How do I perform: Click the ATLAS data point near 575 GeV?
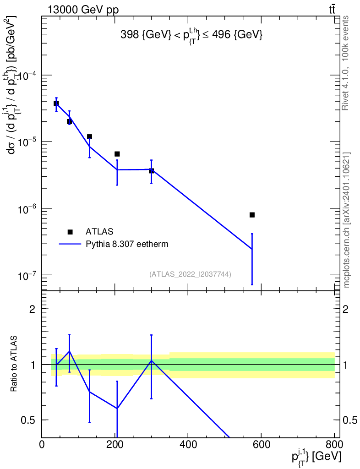point(252,215)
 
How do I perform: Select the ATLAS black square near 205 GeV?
point(117,154)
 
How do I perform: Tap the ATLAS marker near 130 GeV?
point(90,137)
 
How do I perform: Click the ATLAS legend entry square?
point(70,232)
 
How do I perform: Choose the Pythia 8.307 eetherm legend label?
point(127,244)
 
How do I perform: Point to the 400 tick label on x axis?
point(188,445)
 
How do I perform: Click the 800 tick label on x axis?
point(333,445)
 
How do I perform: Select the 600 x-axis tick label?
point(261,445)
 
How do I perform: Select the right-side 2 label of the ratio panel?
point(347,309)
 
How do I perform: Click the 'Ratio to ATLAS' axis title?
point(14,364)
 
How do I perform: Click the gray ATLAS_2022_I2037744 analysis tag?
point(190,274)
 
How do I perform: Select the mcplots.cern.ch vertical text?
point(347,220)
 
